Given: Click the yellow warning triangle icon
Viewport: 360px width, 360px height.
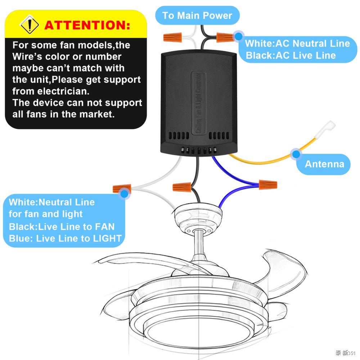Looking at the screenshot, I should click(x=30, y=24).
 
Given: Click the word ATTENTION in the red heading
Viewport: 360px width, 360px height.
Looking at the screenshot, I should click(x=87, y=25).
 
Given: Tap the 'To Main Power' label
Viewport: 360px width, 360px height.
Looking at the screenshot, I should click(x=197, y=15).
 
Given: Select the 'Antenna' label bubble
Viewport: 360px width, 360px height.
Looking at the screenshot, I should click(x=324, y=164).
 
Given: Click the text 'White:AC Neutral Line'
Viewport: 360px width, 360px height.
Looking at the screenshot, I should click(x=297, y=44).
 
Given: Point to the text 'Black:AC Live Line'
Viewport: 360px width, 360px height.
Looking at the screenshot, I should click(x=291, y=55).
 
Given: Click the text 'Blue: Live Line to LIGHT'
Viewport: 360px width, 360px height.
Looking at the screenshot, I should click(x=65, y=238).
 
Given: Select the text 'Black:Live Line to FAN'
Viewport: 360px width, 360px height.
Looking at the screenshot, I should click(x=62, y=227).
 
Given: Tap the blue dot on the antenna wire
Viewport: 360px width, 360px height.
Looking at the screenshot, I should click(x=296, y=154).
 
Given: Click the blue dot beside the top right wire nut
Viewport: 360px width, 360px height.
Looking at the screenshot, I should click(x=238, y=36).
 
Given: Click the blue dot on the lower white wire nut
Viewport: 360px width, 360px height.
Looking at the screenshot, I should click(x=125, y=193).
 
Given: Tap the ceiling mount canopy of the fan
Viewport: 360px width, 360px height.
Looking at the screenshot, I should click(x=198, y=218).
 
